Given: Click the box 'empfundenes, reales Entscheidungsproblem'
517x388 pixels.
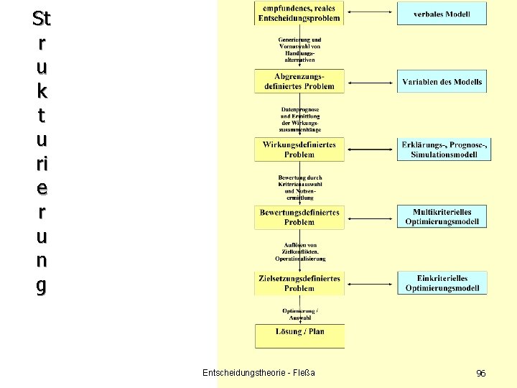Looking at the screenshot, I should [299, 12].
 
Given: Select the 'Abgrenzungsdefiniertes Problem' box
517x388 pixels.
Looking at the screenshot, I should [299, 81].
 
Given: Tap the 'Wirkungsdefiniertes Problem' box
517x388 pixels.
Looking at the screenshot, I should [299, 149].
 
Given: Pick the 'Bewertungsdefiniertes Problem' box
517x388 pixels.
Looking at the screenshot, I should [299, 217].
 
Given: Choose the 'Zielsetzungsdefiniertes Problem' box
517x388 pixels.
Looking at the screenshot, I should [299, 283].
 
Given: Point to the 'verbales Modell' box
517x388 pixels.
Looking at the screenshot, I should [442, 14].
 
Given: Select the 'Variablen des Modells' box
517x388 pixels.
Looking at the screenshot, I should [442, 82].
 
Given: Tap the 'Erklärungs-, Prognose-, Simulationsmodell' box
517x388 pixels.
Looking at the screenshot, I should [442, 149].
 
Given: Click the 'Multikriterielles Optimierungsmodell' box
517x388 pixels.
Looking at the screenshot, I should [442, 217].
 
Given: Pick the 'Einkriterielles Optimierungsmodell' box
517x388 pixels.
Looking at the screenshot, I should [442, 283].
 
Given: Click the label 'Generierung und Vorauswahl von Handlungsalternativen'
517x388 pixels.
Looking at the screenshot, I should [299, 49].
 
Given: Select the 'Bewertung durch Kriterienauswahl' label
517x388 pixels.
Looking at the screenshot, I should [299, 185].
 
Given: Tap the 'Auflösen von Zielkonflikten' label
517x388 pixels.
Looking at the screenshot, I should [299, 251].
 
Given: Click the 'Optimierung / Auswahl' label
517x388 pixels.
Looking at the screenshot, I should [299, 314].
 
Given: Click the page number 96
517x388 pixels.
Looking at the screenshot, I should [481, 373].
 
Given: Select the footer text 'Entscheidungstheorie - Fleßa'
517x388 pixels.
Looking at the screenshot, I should [258, 372].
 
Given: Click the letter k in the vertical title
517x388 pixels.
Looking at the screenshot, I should [42, 91].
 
